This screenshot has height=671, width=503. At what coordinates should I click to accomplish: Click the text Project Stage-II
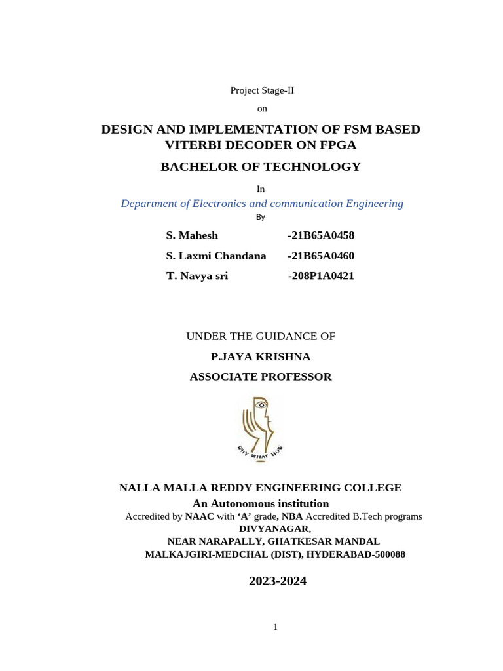(x=262, y=90)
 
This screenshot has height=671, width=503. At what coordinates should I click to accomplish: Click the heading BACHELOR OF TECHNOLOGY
(x=261, y=166)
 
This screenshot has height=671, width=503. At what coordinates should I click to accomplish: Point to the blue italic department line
(x=262, y=203)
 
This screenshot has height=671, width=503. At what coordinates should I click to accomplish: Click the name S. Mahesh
(x=193, y=235)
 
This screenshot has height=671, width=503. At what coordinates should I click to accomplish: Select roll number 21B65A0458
(x=321, y=235)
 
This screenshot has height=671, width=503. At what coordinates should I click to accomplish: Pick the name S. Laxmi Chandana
(x=216, y=256)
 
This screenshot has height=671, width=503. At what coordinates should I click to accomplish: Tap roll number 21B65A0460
(x=321, y=256)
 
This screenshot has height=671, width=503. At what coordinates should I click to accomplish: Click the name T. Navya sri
(x=197, y=276)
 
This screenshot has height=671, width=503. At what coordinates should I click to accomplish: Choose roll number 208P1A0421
(x=321, y=276)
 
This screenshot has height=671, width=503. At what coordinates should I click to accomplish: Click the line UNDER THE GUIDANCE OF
(x=261, y=336)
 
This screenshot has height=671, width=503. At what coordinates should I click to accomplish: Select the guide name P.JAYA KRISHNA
(x=261, y=356)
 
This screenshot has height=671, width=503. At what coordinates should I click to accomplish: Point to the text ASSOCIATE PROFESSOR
(x=261, y=377)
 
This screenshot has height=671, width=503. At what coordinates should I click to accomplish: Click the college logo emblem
(x=260, y=429)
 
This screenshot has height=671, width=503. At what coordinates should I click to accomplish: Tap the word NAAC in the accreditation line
(x=200, y=516)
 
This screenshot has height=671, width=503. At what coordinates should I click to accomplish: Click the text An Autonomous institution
(x=261, y=503)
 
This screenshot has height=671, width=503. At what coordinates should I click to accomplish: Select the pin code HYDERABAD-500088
(x=363, y=554)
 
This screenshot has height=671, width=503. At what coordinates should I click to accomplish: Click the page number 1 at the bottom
(x=276, y=627)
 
